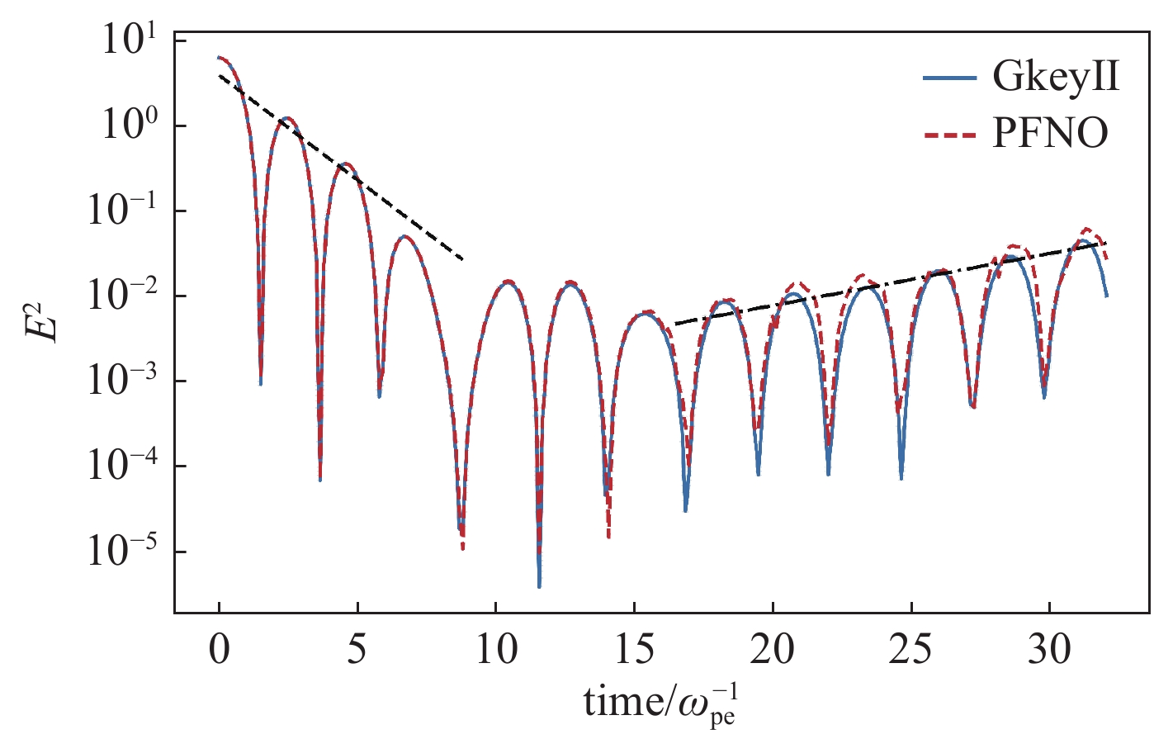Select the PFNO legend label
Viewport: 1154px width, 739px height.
coord(1050,133)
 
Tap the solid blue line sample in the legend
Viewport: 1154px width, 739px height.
coord(949,78)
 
